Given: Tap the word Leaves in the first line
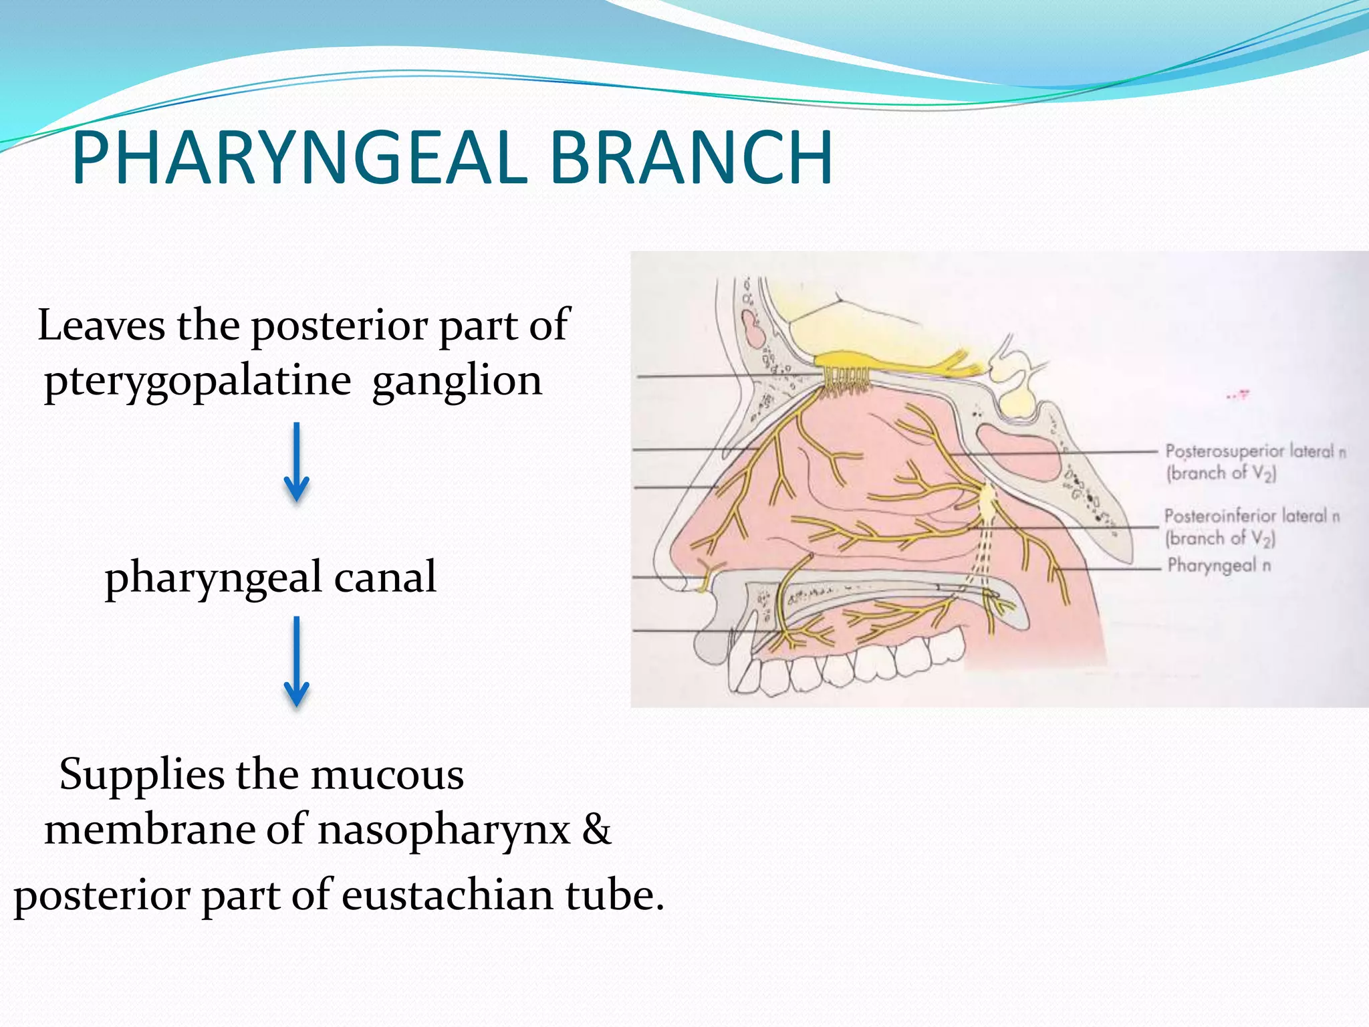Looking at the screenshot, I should tap(101, 326).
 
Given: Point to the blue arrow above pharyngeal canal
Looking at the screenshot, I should tap(296, 462).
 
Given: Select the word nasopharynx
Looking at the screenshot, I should tap(443, 830).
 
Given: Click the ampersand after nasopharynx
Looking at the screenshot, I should tap(596, 830).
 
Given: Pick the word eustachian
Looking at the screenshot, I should tap(447, 896).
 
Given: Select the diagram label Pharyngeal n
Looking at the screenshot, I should tap(1219, 566).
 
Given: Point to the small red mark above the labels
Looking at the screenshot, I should tap(1237, 396).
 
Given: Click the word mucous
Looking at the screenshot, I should tap(387, 775).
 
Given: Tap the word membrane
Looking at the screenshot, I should tap(150, 830).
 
